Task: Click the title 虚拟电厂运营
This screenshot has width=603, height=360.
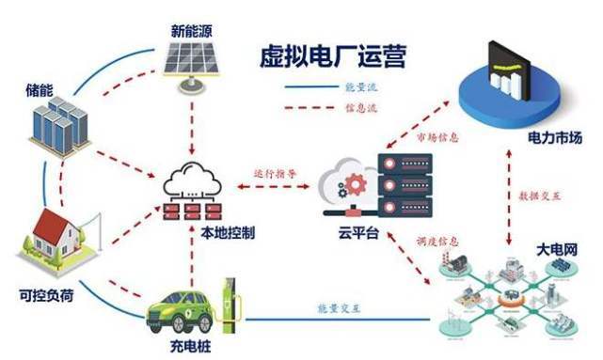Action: [x=333, y=56]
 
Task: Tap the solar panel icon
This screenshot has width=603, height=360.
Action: [x=191, y=66]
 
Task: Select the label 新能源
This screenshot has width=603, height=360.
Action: [x=191, y=31]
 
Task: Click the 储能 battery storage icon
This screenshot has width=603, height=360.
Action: [x=60, y=126]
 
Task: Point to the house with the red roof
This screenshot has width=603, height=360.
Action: [x=56, y=239]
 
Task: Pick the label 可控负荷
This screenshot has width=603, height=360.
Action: [x=46, y=296]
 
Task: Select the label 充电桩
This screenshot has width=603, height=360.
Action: [x=191, y=347]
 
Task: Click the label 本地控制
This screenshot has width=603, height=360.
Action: [x=228, y=232]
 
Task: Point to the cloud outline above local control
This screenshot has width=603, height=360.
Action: [x=192, y=179]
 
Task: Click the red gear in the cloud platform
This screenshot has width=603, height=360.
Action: [x=356, y=185]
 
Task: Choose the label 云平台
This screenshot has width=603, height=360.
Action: [x=358, y=232]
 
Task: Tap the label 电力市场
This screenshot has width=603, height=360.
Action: [x=555, y=137]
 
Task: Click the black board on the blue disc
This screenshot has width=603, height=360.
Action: [x=509, y=71]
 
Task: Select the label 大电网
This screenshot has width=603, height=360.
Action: [x=557, y=250]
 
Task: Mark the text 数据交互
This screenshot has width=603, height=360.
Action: [x=539, y=196]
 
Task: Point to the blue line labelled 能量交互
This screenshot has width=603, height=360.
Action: [x=338, y=319]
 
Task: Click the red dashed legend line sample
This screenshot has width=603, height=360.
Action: [x=309, y=108]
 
